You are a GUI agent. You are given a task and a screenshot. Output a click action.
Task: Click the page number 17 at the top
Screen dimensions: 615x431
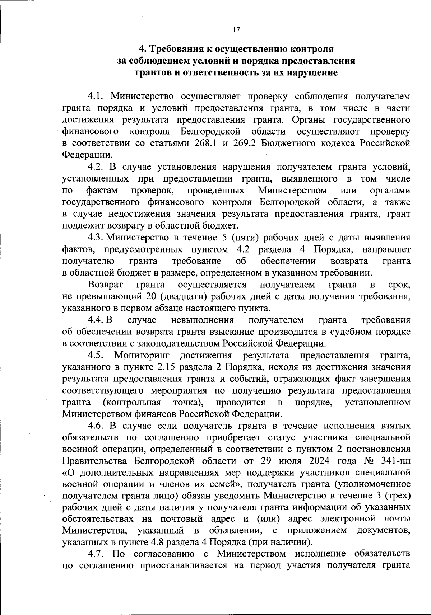[236, 30]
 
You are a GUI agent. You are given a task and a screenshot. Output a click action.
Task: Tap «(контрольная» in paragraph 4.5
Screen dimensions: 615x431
[132, 403]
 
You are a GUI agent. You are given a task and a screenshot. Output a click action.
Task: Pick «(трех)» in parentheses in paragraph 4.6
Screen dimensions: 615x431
[397, 496]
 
